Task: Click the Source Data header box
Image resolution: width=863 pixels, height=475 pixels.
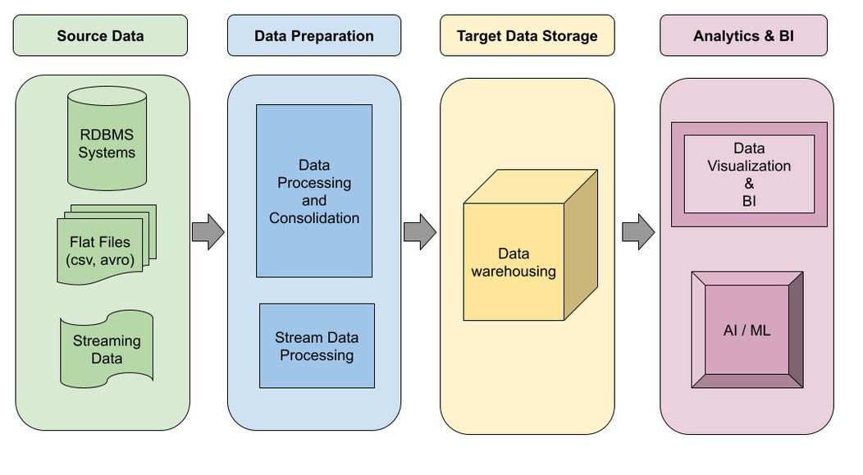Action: [x=100, y=35]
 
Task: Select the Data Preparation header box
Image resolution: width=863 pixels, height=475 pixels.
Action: [x=313, y=35]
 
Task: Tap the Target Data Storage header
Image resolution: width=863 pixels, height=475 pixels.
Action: [x=527, y=35]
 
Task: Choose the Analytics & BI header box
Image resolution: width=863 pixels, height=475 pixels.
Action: [x=743, y=35]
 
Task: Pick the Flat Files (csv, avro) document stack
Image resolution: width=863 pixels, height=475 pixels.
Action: [x=103, y=246]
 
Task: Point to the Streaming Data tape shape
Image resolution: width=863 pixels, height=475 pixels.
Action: [x=107, y=349]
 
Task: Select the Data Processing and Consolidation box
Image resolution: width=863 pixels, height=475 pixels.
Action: [x=314, y=190]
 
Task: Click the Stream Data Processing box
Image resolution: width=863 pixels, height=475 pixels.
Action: [x=317, y=345]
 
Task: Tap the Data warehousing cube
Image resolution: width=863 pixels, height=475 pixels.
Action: [x=514, y=261]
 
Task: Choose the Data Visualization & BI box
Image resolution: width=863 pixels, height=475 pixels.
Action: [x=749, y=174]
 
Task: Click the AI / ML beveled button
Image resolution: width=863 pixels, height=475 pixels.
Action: [x=747, y=330]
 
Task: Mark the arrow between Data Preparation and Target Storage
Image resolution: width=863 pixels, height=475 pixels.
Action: [x=420, y=232]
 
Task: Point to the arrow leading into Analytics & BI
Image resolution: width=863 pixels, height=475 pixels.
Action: [x=637, y=232]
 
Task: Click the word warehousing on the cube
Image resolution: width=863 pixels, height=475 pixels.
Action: [x=514, y=272]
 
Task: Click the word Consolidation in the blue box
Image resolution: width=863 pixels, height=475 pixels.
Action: [x=314, y=218]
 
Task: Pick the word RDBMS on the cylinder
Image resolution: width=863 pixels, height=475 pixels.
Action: [x=107, y=135]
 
